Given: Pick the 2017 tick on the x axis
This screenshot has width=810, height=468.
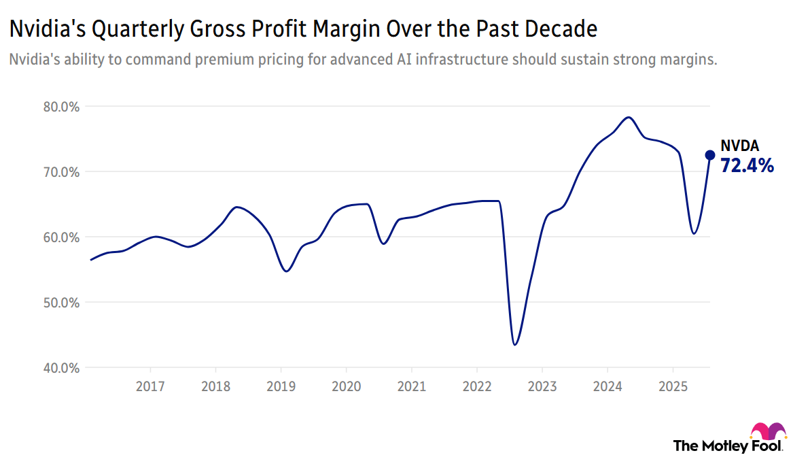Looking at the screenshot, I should (150, 387).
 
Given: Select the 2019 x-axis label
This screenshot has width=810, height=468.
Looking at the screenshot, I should (281, 387).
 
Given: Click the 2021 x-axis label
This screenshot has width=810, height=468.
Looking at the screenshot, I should (411, 387).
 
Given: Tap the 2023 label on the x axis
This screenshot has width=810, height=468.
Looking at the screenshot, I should (542, 387).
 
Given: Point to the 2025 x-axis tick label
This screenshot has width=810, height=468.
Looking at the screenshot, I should (672, 387).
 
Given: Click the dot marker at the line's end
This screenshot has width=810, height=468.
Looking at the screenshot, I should (709, 155).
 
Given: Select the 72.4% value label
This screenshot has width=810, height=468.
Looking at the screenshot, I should (747, 165).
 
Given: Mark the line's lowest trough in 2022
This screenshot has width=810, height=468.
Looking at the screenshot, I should (515, 344).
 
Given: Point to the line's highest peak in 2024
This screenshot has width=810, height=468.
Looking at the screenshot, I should (629, 118).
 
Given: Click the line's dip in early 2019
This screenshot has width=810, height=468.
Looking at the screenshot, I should (286, 271).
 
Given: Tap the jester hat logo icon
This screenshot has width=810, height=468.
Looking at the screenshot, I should (769, 433).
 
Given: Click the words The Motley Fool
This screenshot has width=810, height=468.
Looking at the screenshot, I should (728, 446).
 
